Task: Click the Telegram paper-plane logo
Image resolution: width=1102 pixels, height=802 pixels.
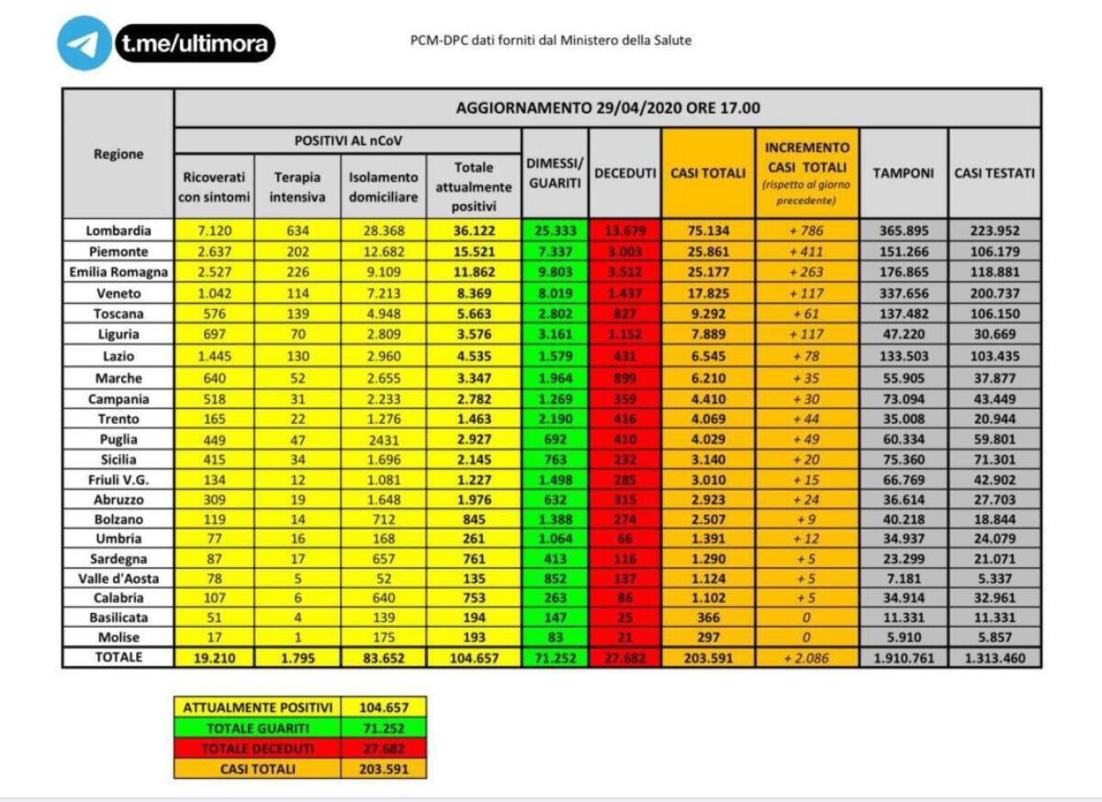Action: click(84, 43)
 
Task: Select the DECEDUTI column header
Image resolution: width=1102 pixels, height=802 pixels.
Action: click(624, 173)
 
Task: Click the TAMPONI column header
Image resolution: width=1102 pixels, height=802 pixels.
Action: click(904, 173)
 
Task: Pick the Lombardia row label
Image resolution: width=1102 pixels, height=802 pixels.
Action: click(118, 231)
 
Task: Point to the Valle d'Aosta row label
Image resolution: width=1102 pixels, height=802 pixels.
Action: click(118, 578)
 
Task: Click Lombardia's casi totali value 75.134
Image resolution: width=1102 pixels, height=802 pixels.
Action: click(707, 231)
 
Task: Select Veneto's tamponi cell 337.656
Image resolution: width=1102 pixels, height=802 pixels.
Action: click(904, 294)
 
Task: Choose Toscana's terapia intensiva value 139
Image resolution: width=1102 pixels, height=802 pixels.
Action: click(298, 313)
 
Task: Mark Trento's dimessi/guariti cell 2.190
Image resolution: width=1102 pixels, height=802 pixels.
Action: click(555, 418)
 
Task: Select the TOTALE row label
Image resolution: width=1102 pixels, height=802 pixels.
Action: click(118, 657)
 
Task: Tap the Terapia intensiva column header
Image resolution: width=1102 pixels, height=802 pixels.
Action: click(298, 186)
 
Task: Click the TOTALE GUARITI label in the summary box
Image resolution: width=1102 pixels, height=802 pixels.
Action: click(256, 728)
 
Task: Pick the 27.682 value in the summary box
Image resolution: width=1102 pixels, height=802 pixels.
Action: click(384, 749)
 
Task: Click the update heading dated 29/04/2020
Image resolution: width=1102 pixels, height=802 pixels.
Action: click(608, 107)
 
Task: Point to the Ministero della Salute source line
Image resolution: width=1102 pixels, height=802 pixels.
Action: click(550, 40)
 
